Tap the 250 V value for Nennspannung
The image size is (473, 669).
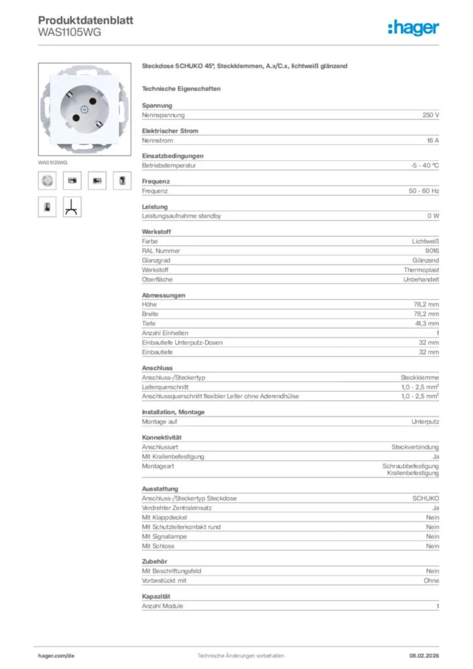pos(431,115)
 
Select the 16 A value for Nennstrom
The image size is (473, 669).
pos(432,140)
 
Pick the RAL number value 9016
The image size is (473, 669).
pos(431,250)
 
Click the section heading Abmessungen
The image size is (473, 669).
pos(163,295)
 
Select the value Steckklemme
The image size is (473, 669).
pos(419,378)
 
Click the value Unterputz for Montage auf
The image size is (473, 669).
pos(425,421)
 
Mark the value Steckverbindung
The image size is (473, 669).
pos(415,447)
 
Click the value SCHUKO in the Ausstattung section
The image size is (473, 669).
pos(425,498)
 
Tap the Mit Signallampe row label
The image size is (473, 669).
pos(164,536)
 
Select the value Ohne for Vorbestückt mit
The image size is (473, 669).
pos(431,580)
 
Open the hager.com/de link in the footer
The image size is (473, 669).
pos(56,655)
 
